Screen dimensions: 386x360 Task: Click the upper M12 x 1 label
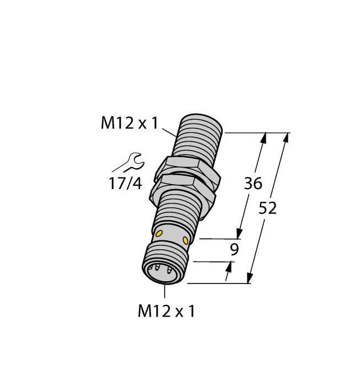pos(129,124)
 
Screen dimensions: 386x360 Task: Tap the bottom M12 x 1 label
pos(166,312)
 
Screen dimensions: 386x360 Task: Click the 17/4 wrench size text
pos(125,183)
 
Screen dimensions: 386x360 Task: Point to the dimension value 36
pos(253,184)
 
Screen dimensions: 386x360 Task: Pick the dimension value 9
pos(234,250)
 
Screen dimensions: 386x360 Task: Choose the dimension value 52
pos(268,208)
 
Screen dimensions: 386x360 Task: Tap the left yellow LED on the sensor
pos(159,234)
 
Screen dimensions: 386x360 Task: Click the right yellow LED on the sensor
pos(186,240)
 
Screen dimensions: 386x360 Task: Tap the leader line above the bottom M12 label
pos(165,292)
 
